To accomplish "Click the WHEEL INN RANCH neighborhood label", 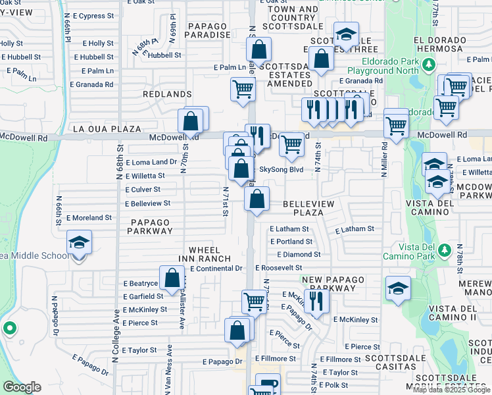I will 209,254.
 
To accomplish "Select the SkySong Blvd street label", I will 281,169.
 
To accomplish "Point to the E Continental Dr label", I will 216,269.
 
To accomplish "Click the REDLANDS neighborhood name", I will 170,95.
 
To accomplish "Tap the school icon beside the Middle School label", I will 79,245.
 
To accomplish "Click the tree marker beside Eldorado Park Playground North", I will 428,65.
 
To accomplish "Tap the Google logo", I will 22,388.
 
